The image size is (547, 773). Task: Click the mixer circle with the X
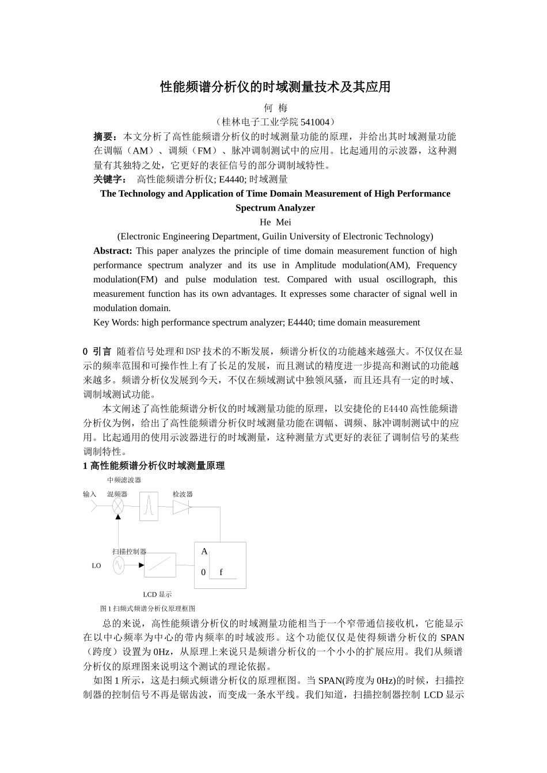118,507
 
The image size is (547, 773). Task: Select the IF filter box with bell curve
149,507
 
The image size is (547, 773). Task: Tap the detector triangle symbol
181,507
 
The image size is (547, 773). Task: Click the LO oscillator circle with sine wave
118,565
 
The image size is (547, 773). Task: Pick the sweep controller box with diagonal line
160,565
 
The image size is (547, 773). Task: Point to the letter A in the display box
204,552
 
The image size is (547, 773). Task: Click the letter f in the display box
221,572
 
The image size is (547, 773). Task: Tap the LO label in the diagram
96,566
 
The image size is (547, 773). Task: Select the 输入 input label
89,494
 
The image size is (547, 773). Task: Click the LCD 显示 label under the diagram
157,594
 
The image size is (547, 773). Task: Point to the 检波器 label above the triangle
183,494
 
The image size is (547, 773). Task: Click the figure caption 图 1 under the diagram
147,608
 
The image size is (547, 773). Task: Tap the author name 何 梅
275,108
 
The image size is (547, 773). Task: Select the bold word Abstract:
113,251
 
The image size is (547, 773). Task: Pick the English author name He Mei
275,222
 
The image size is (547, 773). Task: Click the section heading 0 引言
97,351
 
